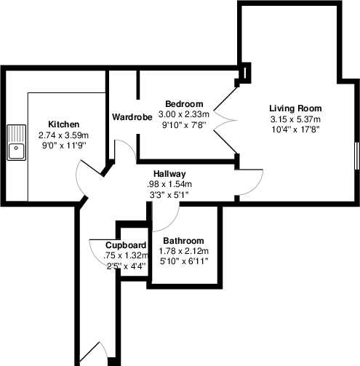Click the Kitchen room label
(63, 124)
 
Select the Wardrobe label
(132, 116)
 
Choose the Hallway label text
(169, 174)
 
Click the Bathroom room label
(183, 241)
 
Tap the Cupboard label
(127, 245)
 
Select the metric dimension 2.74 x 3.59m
(63, 135)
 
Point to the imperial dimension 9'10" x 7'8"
(184, 124)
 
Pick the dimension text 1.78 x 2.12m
(183, 252)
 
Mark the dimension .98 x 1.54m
(169, 184)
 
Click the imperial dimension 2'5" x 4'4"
(127, 266)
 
